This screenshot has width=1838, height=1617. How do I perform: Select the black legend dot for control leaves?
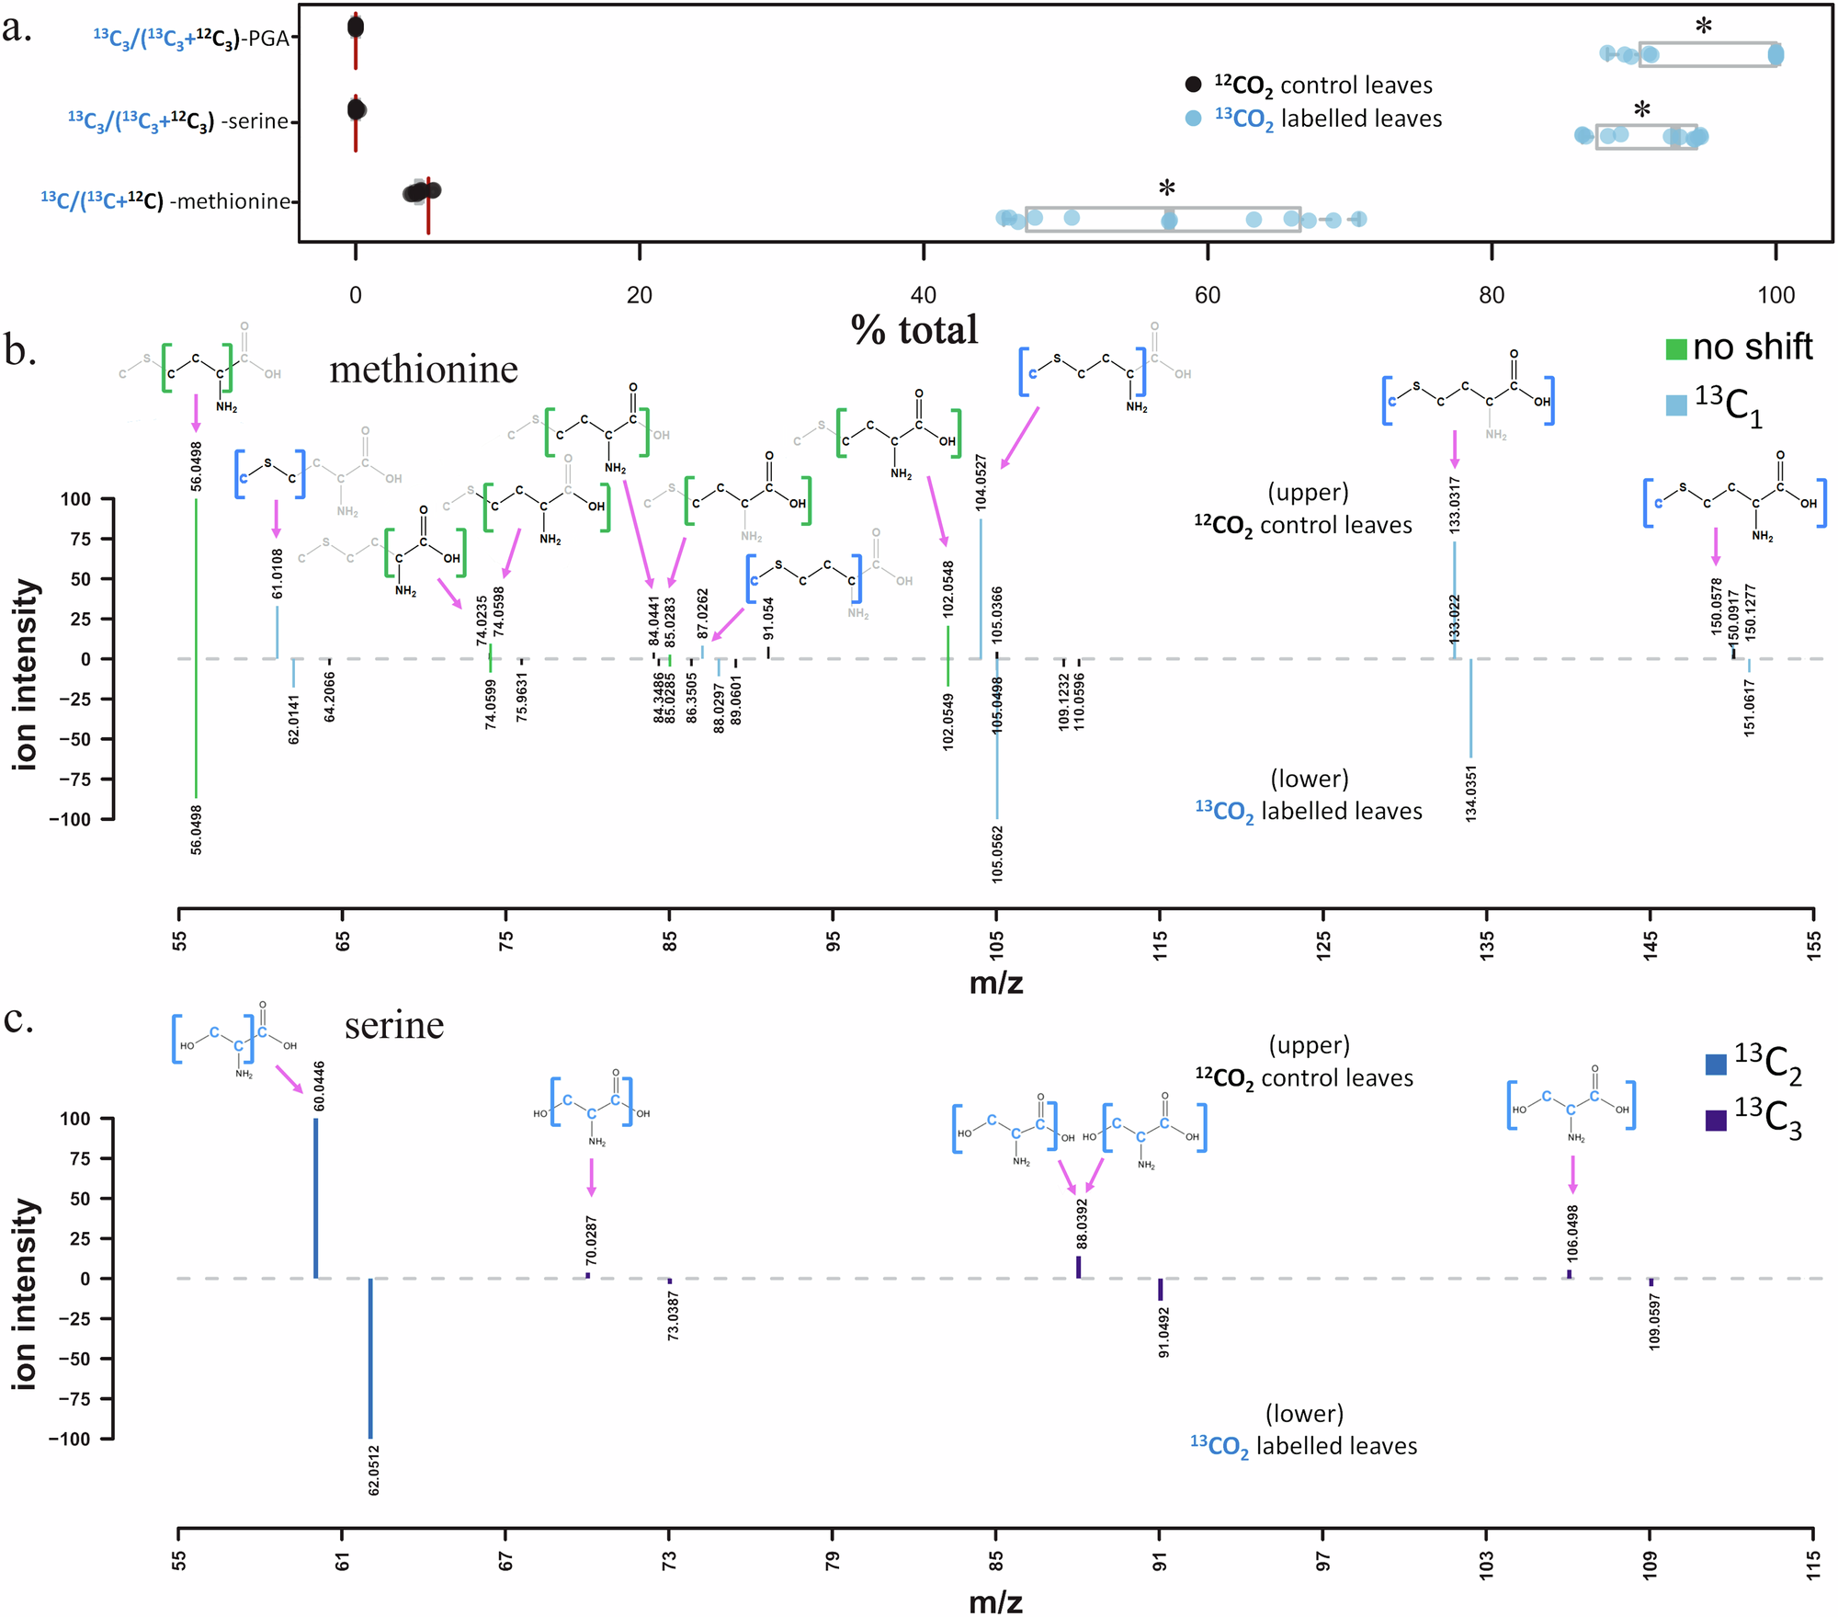[x=1193, y=85]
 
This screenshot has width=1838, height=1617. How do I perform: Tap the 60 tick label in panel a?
[x=1208, y=294]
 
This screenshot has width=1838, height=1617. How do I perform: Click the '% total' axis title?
[x=914, y=330]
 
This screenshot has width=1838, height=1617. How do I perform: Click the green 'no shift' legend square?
[x=1676, y=349]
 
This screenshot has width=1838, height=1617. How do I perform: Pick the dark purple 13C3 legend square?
[x=1716, y=1120]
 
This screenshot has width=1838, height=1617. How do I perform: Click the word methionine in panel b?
[x=424, y=370]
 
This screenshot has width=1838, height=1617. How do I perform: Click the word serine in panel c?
[x=394, y=1025]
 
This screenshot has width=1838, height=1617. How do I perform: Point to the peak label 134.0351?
[x=1470, y=793]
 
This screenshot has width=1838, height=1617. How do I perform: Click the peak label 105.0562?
[x=998, y=855]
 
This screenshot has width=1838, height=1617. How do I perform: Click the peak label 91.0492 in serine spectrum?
[x=1163, y=1333]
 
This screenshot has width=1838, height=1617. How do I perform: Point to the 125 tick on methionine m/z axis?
[x=1323, y=941]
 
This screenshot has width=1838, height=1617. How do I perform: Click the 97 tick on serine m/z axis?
[x=1323, y=1560]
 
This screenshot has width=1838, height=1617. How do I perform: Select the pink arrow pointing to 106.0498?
[x=1572, y=1175]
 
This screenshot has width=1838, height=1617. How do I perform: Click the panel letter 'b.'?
[x=20, y=351]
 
